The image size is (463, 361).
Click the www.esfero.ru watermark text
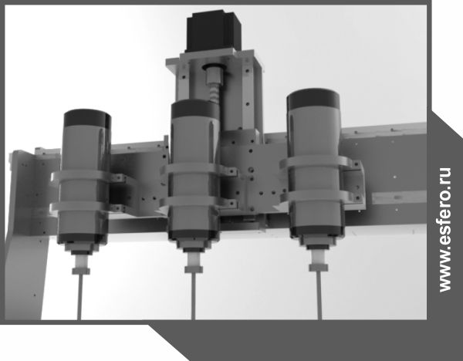coord(444,230)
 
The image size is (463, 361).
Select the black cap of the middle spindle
coord(195,110)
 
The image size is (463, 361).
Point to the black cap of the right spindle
coord(313,98)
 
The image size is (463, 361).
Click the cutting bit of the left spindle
coord(79,297)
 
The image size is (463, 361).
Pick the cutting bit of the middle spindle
coord(193,296)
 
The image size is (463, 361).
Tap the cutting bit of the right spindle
coord(319,295)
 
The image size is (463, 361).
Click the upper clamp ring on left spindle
coord(86,177)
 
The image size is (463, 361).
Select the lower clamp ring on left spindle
coord(86,207)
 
